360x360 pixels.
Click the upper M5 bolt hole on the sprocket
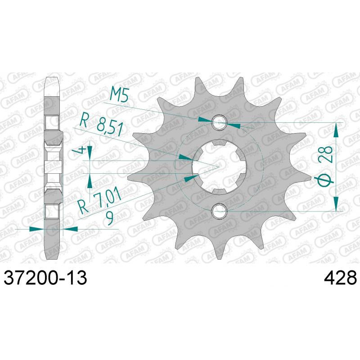(220, 121)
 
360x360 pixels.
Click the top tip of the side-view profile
(53, 80)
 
